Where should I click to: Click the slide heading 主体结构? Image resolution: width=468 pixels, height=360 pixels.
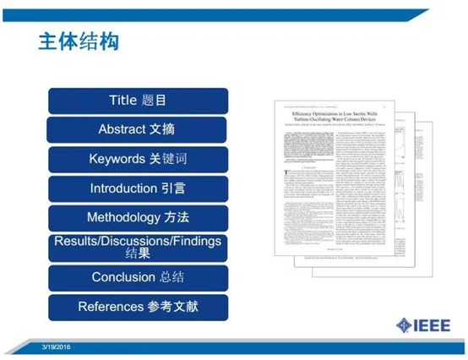(78, 42)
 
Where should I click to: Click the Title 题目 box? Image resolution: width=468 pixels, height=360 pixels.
(138, 101)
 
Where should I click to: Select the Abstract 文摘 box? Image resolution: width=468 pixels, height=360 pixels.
(138, 130)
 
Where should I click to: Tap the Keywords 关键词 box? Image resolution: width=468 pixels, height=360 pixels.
(138, 159)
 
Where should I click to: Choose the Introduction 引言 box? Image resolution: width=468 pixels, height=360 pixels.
(138, 188)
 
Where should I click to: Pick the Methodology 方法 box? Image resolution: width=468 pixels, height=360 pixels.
(138, 218)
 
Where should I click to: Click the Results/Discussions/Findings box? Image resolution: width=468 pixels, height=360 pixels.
(138, 247)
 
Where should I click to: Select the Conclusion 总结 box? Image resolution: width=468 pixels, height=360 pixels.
(138, 277)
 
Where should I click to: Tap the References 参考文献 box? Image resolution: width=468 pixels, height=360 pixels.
(138, 306)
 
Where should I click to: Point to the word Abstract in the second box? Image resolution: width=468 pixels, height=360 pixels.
(122, 130)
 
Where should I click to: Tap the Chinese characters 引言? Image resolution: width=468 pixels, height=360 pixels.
(171, 188)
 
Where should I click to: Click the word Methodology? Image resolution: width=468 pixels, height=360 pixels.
(123, 218)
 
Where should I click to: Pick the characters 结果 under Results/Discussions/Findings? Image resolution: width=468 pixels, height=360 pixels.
(138, 254)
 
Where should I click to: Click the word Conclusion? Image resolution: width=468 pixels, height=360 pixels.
(123, 277)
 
